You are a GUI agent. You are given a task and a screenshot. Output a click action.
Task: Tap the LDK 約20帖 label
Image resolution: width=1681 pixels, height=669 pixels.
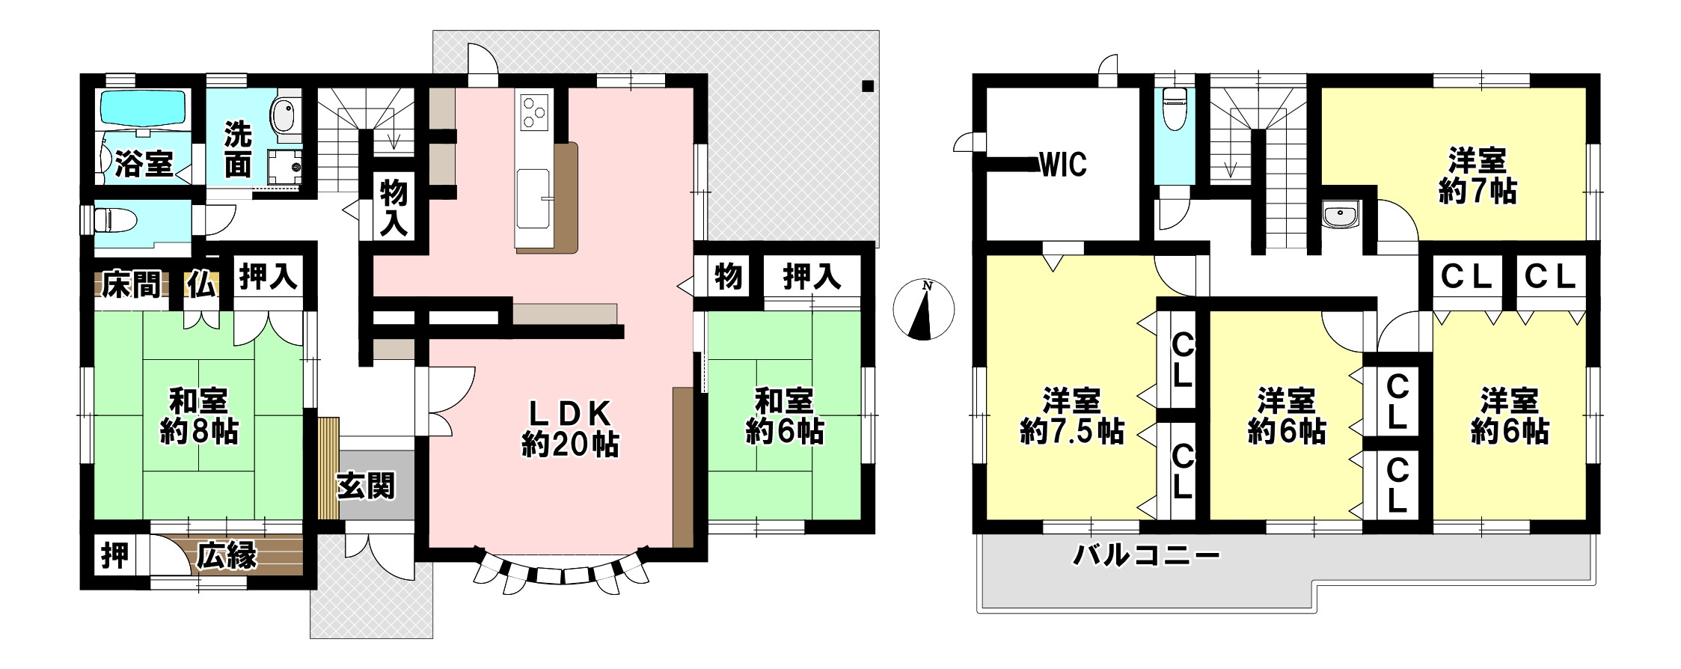[570, 430]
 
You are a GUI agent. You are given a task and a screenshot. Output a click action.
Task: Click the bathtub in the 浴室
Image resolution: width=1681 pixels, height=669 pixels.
[143, 111]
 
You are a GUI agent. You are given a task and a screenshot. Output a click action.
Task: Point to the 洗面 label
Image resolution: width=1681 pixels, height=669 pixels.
[239, 150]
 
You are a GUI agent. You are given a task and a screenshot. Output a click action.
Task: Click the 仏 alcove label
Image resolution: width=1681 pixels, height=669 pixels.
[202, 286]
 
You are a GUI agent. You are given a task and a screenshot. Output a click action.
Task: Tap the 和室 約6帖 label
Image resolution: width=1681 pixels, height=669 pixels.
[784, 416]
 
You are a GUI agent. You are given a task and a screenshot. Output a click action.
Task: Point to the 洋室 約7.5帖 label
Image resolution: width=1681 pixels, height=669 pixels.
[1072, 416]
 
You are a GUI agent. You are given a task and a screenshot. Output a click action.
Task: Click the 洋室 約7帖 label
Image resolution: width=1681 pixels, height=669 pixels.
[1478, 177]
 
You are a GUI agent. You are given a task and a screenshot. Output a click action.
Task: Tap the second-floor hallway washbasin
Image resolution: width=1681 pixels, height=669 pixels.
[1340, 216]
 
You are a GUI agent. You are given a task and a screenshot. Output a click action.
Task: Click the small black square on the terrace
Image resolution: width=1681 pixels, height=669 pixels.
[867, 85]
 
